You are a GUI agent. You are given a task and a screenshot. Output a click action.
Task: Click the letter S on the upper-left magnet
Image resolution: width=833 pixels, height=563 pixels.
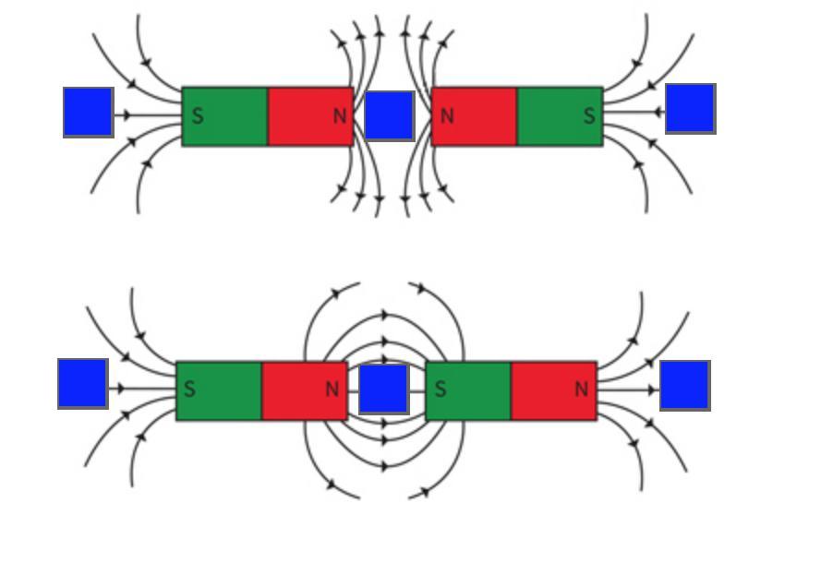pos(197,117)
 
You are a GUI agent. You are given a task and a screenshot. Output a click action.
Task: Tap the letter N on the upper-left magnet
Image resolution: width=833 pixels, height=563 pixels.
pos(339,117)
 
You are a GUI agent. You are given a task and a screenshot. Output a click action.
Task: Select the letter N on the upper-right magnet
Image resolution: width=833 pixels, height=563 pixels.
pos(448,116)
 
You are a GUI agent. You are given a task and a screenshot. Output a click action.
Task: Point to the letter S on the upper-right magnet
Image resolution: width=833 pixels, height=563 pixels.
pos(589,117)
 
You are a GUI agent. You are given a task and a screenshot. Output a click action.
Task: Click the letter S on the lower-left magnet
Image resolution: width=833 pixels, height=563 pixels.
pos(189,389)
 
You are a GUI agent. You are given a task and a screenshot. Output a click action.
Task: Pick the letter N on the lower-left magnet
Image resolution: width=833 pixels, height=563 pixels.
pos(332,389)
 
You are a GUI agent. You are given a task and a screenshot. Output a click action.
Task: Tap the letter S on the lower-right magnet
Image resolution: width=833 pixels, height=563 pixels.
pos(441,389)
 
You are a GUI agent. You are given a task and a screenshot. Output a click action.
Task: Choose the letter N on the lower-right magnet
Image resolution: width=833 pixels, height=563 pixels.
pos(582,389)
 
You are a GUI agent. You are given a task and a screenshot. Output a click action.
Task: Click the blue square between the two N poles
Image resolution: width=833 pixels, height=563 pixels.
pos(390,115)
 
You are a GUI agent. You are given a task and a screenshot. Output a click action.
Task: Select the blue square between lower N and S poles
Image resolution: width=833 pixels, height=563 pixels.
pos(383,389)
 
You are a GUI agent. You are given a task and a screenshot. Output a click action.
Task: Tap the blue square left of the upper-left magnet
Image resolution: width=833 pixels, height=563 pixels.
pos(89,113)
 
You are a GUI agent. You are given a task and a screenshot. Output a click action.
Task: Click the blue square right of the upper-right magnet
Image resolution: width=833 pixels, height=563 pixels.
pos(691,108)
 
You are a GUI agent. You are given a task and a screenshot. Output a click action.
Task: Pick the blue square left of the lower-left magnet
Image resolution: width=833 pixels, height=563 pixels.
pos(82,384)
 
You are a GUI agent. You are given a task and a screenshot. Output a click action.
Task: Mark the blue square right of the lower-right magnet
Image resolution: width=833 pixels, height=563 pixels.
pos(685,386)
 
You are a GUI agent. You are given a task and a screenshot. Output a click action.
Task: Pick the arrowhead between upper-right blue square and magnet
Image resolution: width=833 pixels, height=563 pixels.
pos(658,113)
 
